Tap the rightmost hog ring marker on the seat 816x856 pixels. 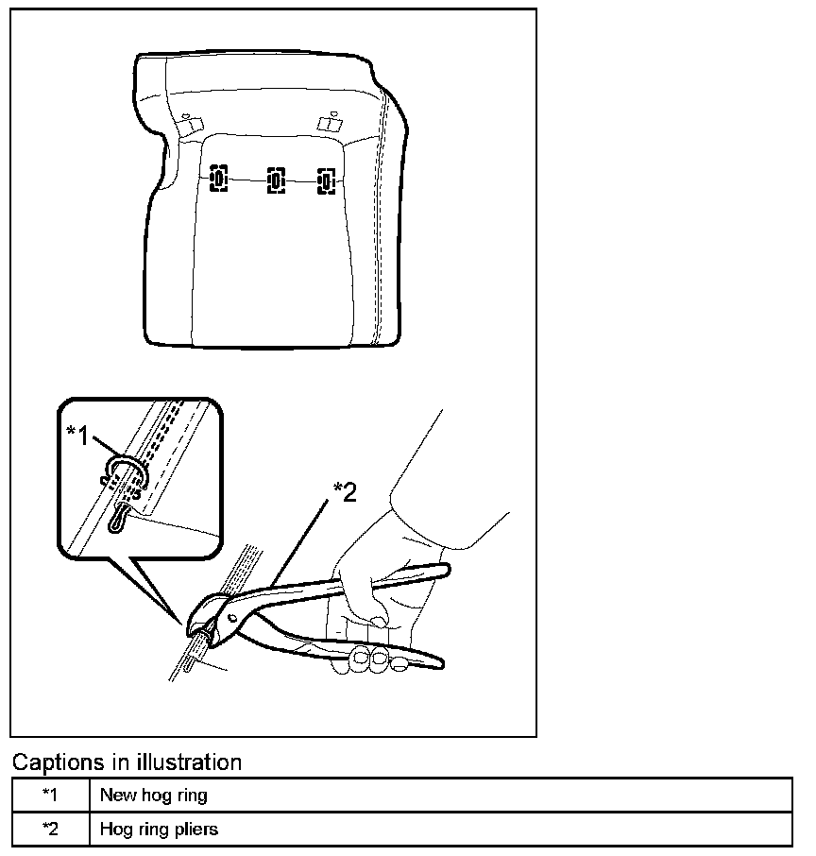click(327, 180)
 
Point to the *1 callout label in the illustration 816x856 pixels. click(78, 434)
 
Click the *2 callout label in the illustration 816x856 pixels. click(345, 491)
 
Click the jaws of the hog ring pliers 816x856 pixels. click(201, 625)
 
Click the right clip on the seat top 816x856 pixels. click(329, 123)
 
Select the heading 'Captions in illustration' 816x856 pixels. click(127, 762)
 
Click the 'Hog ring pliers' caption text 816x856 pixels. click(159, 829)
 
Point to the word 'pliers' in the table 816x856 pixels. click(195, 830)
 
